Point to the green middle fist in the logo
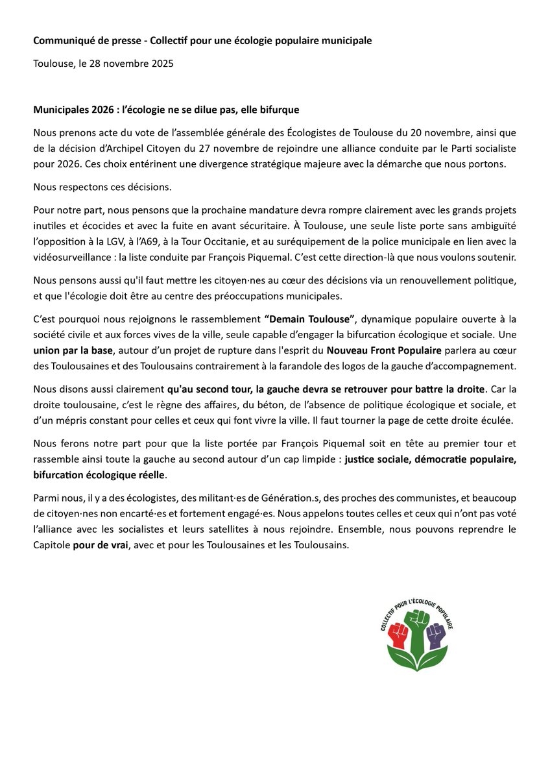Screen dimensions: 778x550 [417, 626]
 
